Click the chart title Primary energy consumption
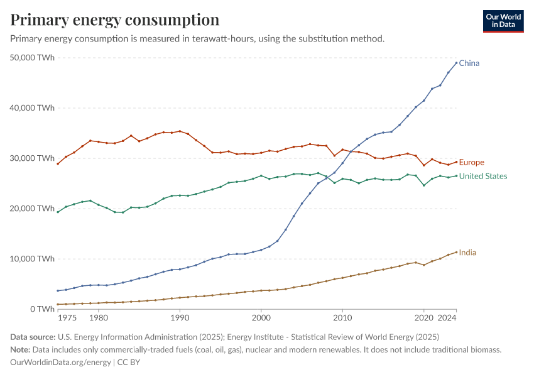point(115,19)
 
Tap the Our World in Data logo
point(503,21)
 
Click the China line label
point(469,63)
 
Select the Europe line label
point(471,162)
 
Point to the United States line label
point(482,176)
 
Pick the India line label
point(467,253)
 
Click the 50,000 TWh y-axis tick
point(33,58)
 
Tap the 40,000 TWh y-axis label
point(33,108)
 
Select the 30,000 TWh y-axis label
point(33,158)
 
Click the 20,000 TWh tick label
point(33,209)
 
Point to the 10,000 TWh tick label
point(33,259)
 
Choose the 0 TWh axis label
point(43,309)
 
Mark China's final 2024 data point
point(456,63)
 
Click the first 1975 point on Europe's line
point(58,163)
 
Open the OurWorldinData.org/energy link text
point(60,362)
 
